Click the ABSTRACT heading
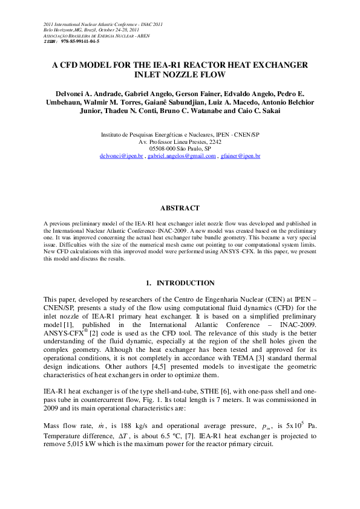click(x=180, y=208)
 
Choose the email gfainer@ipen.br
click(x=240, y=156)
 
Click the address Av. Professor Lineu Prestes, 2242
click(x=180, y=141)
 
